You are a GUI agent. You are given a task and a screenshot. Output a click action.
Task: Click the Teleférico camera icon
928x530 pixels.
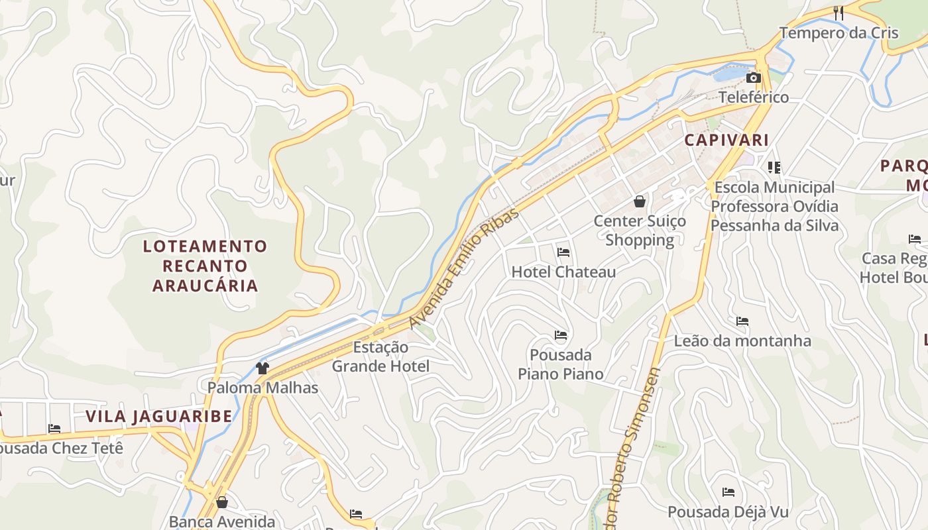(753, 78)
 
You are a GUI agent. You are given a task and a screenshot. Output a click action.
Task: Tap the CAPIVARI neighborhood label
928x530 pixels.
(726, 140)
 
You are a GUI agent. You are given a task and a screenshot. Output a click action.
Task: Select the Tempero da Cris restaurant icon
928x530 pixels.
(839, 13)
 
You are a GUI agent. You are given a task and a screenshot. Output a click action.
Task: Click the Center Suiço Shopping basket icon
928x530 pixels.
(640, 201)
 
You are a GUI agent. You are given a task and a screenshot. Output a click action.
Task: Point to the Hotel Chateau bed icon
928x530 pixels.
(563, 252)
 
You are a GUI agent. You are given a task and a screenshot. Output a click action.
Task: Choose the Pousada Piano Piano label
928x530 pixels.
(561, 364)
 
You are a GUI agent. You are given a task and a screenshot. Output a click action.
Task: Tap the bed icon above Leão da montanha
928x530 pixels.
(742, 321)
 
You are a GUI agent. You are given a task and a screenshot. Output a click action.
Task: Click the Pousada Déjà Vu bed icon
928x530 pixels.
(728, 492)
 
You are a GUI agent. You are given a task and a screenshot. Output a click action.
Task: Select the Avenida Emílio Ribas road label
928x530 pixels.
(463, 268)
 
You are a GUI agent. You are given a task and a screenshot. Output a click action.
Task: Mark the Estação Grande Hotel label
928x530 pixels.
(380, 356)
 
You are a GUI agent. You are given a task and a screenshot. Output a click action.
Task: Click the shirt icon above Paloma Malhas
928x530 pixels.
(262, 368)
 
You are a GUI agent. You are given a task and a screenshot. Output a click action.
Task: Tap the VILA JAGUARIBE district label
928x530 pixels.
(159, 417)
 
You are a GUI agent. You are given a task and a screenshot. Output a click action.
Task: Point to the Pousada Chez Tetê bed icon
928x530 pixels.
(54, 429)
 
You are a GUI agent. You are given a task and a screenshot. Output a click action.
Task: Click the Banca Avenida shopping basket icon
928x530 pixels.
(222, 502)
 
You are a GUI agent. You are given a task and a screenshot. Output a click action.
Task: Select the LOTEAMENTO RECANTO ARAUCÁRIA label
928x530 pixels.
(205, 266)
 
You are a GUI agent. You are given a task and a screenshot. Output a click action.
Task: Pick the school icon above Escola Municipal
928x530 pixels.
(774, 167)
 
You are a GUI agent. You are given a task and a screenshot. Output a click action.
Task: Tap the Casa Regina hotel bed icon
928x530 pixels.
(915, 238)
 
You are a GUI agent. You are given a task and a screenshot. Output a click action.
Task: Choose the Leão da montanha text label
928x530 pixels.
(742, 341)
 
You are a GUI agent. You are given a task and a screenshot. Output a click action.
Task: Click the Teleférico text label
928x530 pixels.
(754, 97)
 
